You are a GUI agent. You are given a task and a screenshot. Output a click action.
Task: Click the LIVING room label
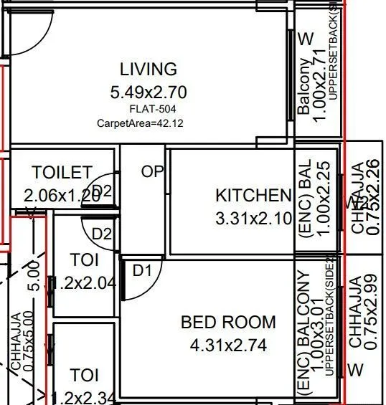pos(148,70)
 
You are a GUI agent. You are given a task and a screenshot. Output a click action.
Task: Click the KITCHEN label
pos(253,195)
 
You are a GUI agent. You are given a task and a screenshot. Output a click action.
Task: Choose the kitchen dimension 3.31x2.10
pos(253,218)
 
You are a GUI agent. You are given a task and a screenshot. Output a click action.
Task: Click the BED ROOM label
pos(228,323)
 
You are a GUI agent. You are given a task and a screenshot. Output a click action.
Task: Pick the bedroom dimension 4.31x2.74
pos(228,346)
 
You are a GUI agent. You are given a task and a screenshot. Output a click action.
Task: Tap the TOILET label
pos(62,173)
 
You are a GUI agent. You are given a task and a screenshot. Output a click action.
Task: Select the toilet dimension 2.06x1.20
pos(62,194)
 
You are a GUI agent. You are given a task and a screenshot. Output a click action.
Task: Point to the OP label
pos(153,172)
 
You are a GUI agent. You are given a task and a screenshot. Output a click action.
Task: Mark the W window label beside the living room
pos(306,38)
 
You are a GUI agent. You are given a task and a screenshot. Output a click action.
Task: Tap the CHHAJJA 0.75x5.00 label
pos(21,344)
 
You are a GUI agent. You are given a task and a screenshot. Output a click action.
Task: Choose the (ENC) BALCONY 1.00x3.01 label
pos(311,331)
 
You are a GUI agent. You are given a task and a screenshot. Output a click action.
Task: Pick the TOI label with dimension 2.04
pos(85,270)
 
